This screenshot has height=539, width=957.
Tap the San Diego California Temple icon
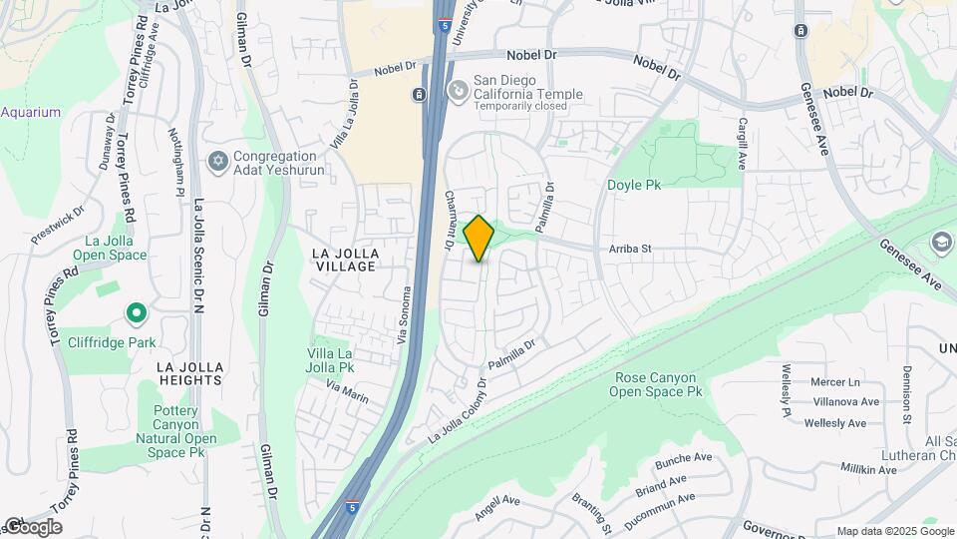[x=458, y=92]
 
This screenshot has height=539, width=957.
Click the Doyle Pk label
[x=634, y=185]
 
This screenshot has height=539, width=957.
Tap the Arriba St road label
[x=631, y=249]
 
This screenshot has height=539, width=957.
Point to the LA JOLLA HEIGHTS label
[x=188, y=373]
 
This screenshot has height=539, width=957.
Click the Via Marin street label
[x=347, y=389]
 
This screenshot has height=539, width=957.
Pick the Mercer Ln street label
[x=834, y=382]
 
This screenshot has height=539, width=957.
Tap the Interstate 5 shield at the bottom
[x=352, y=508]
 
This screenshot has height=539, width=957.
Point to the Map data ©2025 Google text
[x=893, y=531]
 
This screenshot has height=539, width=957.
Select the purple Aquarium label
[x=30, y=113]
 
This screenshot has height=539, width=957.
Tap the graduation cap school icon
[x=941, y=243]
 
